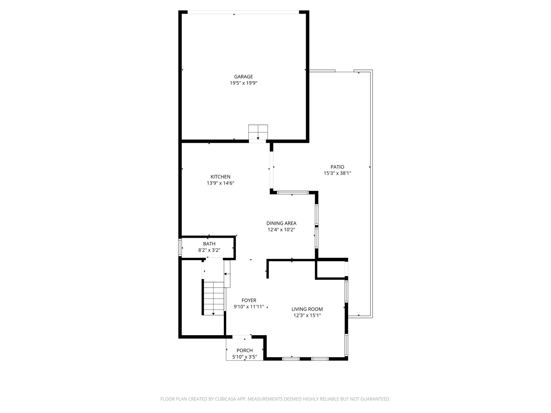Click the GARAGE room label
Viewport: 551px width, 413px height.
pyautogui.click(x=243, y=77)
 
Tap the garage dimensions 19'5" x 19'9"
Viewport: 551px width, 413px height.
pyautogui.click(x=243, y=83)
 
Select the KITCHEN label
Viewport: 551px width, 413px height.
pyautogui.click(x=220, y=177)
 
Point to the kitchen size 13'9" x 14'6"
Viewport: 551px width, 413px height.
pyautogui.click(x=220, y=183)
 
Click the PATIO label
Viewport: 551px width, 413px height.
pyautogui.click(x=337, y=167)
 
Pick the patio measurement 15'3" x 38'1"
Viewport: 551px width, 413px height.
pyautogui.click(x=337, y=173)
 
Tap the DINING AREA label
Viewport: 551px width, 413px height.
pyautogui.click(x=281, y=223)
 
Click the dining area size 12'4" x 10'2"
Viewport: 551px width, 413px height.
pyautogui.click(x=281, y=230)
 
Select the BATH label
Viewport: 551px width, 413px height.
pyautogui.click(x=209, y=244)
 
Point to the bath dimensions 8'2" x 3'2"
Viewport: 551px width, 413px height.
pyautogui.click(x=209, y=250)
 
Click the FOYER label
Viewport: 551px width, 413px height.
pyautogui.click(x=249, y=300)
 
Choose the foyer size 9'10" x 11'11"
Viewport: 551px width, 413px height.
pyautogui.click(x=249, y=307)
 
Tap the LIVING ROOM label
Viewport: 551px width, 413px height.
pyautogui.click(x=307, y=309)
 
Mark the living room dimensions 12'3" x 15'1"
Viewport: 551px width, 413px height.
pyautogui.click(x=307, y=316)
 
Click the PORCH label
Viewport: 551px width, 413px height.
pyautogui.click(x=245, y=351)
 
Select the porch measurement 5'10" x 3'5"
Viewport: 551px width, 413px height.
pyautogui.click(x=245, y=357)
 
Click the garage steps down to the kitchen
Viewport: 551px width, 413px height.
pyautogui.click(x=258, y=132)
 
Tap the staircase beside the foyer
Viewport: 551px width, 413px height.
pyautogui.click(x=213, y=298)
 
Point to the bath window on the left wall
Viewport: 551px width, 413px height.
pyautogui.click(x=180, y=247)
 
